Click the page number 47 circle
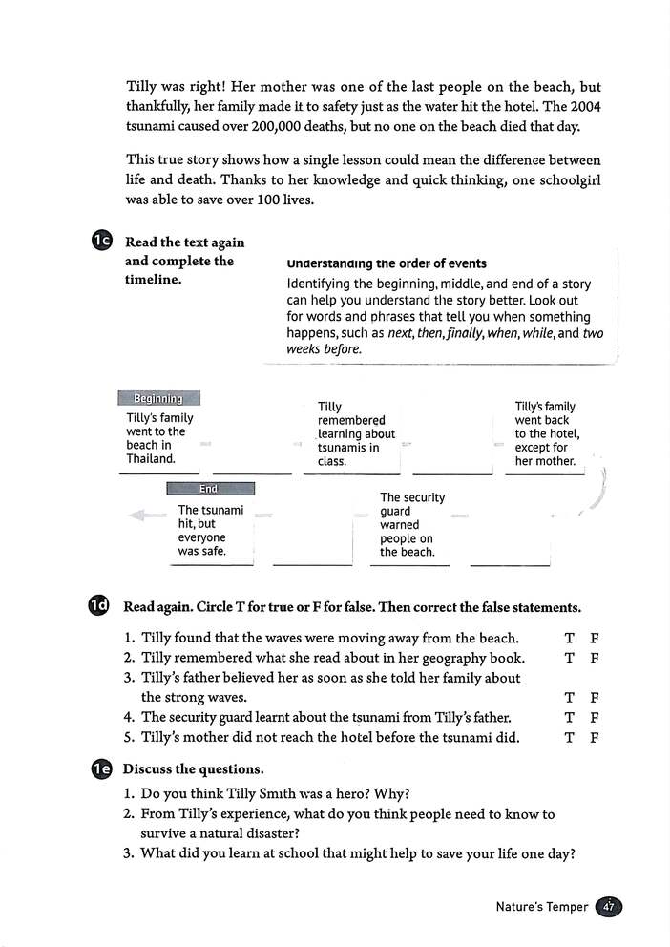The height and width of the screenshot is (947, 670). (x=608, y=907)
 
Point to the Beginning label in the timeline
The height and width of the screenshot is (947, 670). (x=158, y=398)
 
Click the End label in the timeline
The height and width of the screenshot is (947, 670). (x=209, y=489)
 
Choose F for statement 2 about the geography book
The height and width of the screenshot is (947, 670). (x=594, y=658)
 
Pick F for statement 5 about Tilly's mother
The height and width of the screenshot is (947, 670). (x=594, y=737)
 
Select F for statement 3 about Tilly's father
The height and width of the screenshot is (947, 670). (x=594, y=698)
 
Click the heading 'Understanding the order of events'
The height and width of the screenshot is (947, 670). (x=386, y=263)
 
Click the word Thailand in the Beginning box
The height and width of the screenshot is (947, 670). (x=151, y=459)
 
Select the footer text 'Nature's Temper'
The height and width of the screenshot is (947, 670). (x=542, y=907)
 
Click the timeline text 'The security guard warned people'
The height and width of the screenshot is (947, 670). (x=411, y=524)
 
